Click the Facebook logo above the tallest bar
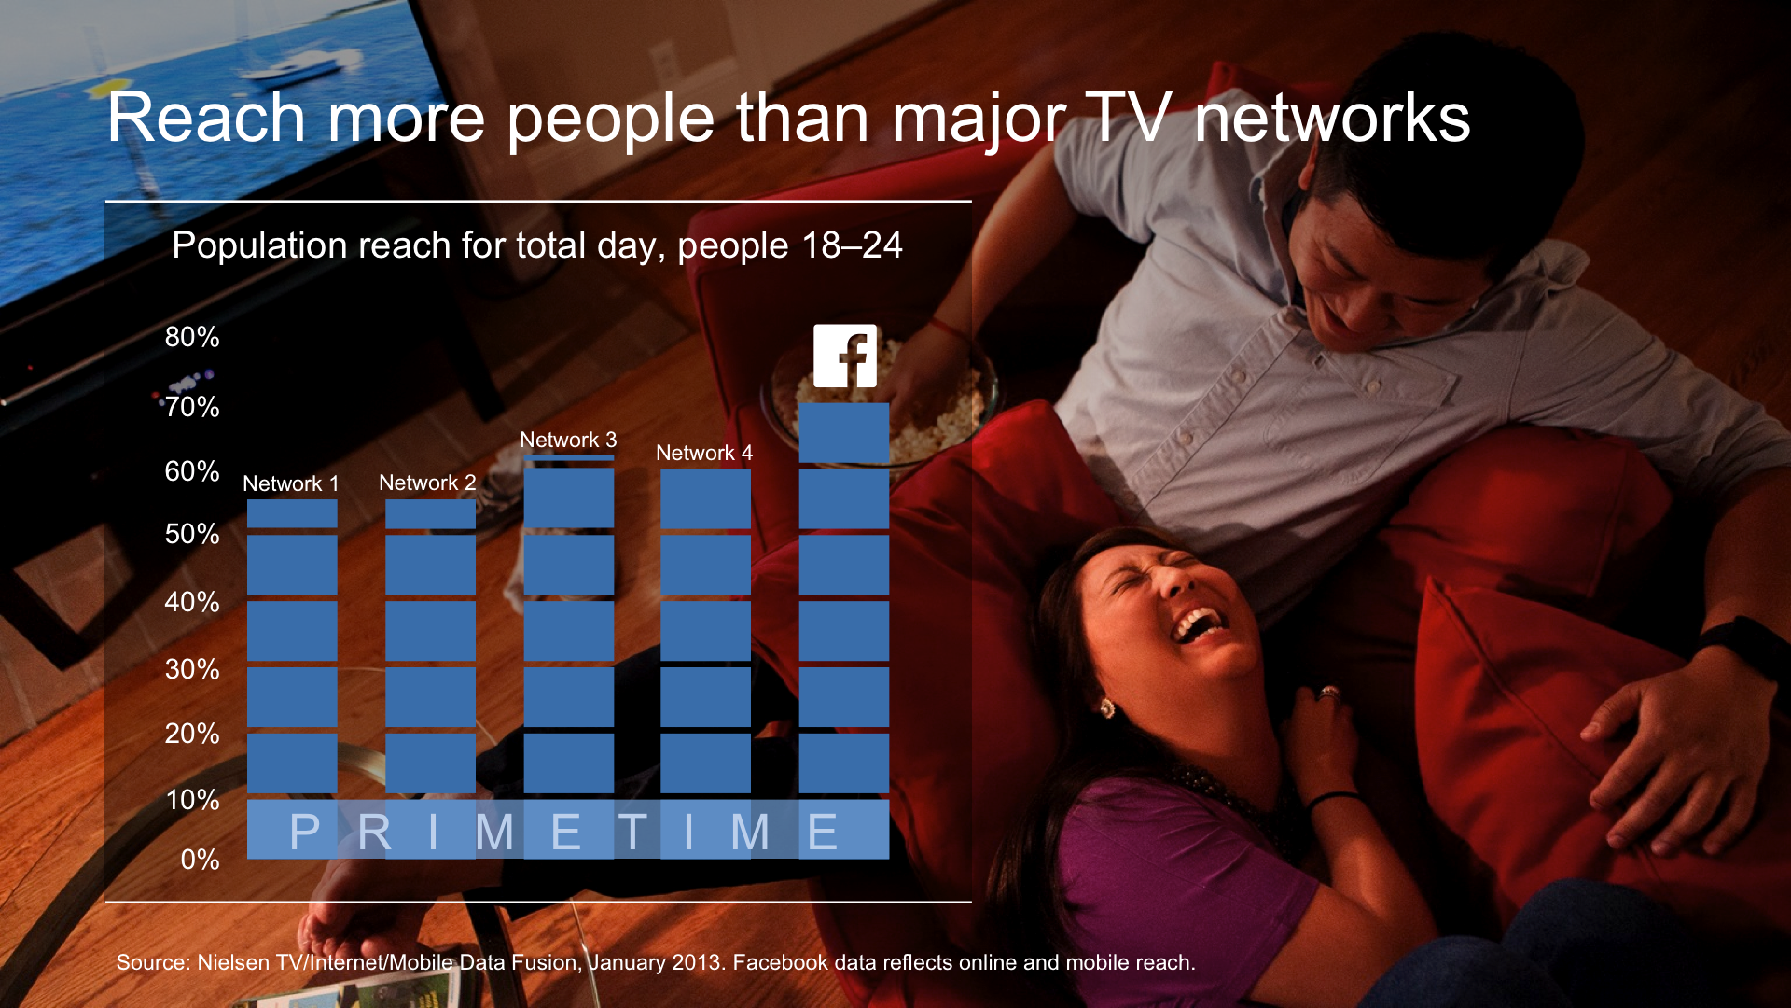[x=845, y=356]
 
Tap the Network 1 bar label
[x=291, y=483]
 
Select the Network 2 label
[x=427, y=483]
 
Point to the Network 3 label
[x=568, y=440]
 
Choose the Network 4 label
[x=704, y=453]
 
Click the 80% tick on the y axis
[x=192, y=337]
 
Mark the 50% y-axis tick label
[x=192, y=534]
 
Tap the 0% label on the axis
[x=200, y=860]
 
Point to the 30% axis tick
[x=192, y=669]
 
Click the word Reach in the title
[x=206, y=119]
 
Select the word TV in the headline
[x=1128, y=119]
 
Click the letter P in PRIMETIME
[x=305, y=832]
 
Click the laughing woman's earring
[x=1107, y=707]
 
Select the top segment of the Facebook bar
[x=844, y=433]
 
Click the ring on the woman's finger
[x=1328, y=693]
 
